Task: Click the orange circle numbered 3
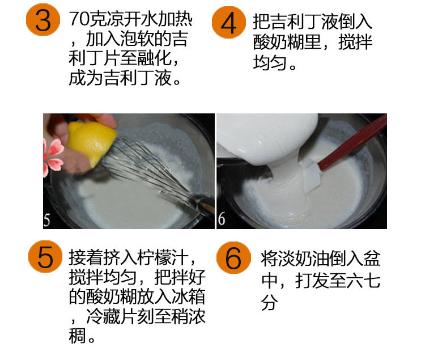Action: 43,20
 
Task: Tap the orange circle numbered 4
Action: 229,23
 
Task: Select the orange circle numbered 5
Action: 45,257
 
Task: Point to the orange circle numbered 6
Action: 233,257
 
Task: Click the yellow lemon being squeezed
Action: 91,142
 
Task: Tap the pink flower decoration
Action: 53,157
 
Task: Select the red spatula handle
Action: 353,142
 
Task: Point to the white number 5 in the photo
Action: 47,220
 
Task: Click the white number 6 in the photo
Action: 221,218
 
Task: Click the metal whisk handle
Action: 203,204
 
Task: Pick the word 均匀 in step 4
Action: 270,62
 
